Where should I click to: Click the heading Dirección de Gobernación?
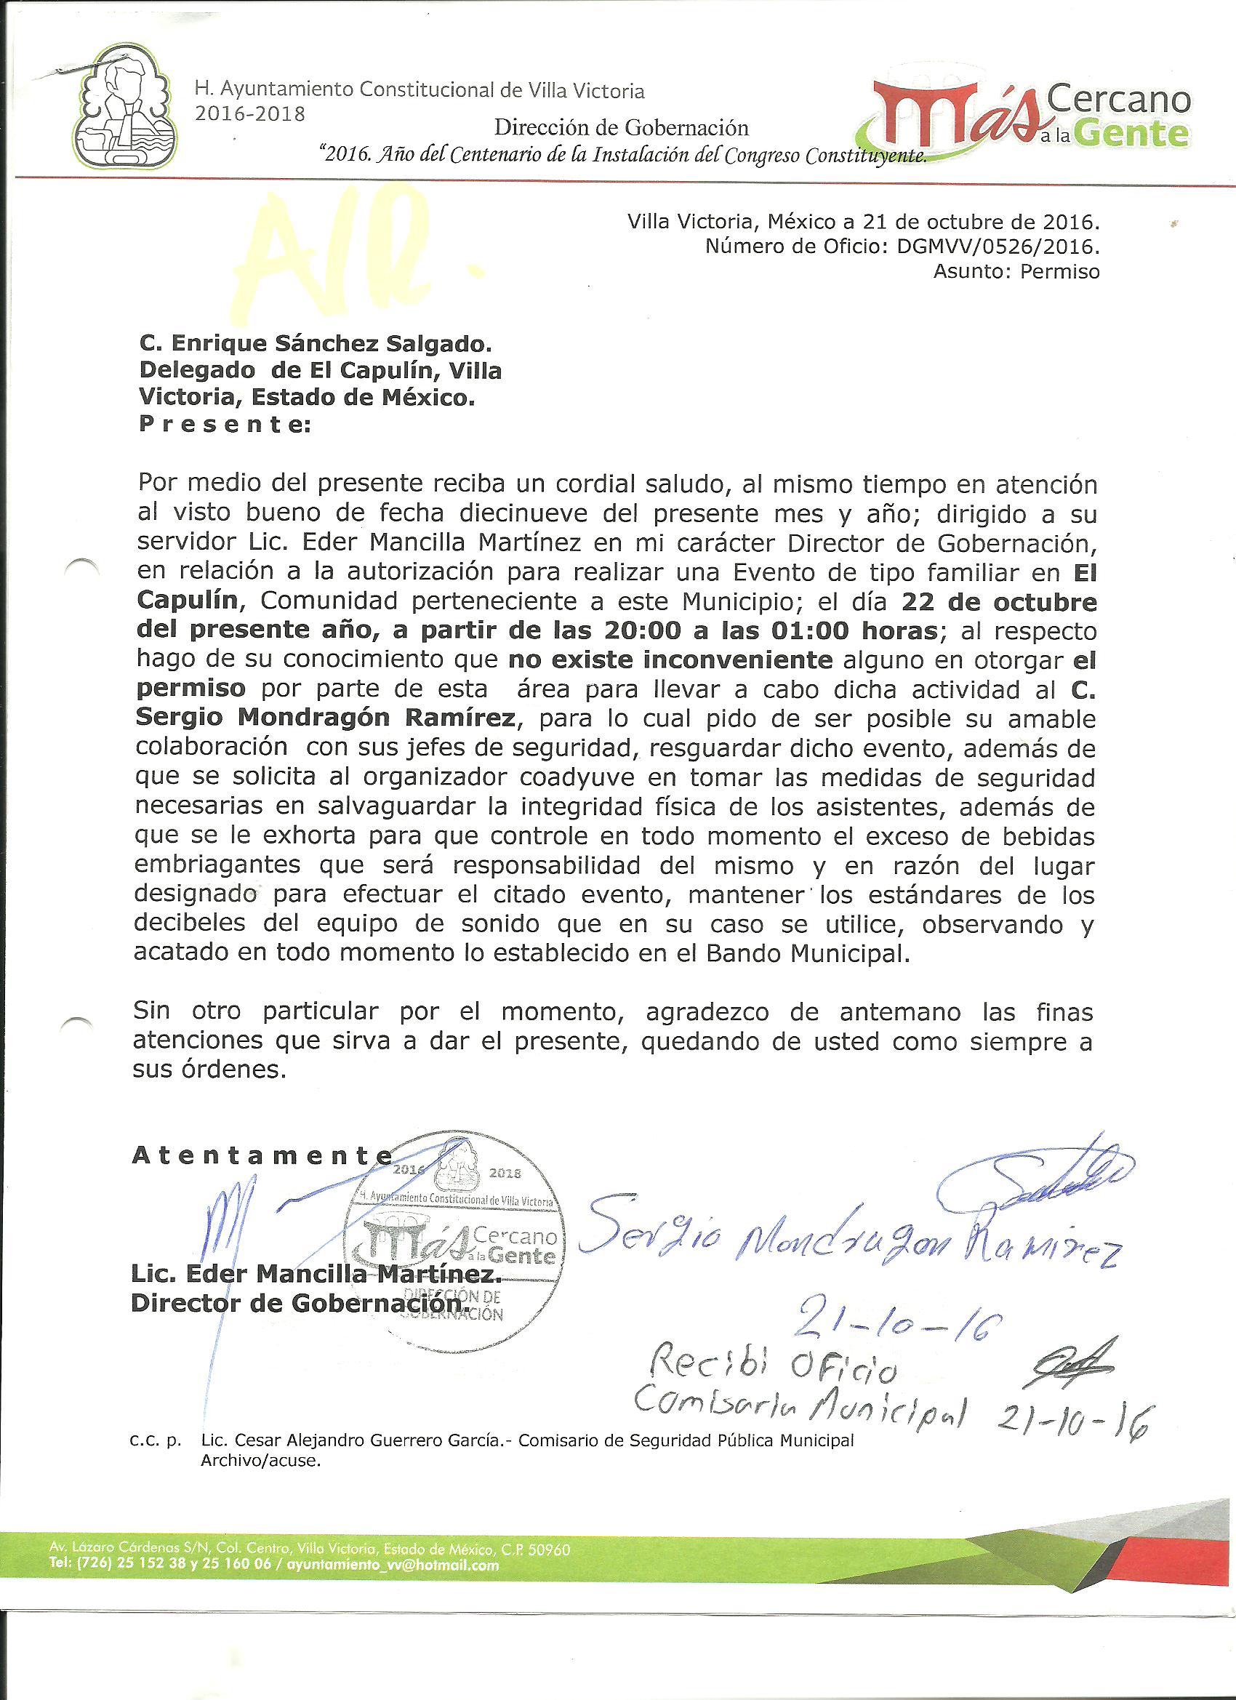point(622,127)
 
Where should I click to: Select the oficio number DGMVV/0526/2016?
point(998,246)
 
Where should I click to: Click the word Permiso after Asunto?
point(1059,271)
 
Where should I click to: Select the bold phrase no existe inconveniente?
point(670,660)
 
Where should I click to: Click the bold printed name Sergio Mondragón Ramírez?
point(325,718)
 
